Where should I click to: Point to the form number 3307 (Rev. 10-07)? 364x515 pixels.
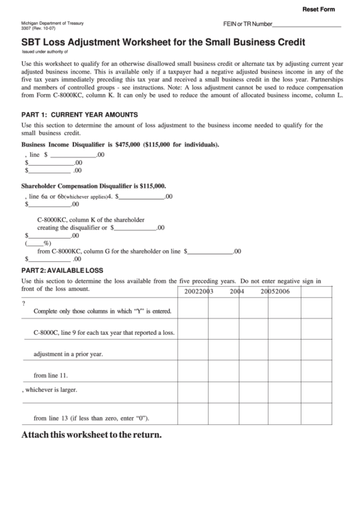coord(37,29)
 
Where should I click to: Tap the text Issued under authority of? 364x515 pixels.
coord(46,52)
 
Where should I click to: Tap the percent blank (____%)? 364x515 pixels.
coord(38,243)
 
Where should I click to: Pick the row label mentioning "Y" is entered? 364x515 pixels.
coord(102,311)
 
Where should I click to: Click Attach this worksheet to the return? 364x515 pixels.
coord(91,435)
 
